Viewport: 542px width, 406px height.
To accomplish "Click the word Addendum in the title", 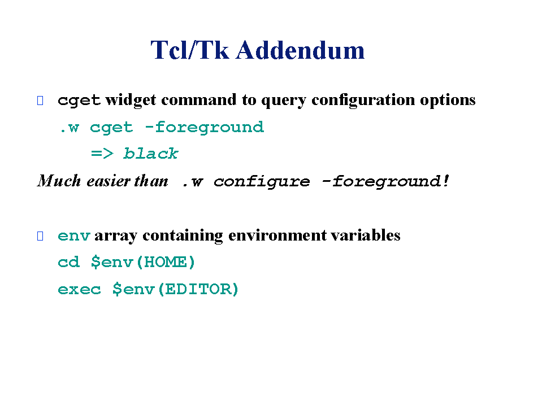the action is point(300,50).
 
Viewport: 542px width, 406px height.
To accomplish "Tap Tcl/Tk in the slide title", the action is point(190,50).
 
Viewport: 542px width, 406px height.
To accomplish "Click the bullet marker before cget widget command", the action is point(40,101).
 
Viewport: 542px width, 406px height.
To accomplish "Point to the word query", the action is point(284,101).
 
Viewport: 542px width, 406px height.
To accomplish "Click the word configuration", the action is point(363,100).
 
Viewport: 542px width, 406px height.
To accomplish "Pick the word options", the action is point(448,100).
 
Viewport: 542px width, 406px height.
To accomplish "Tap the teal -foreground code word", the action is point(204,128).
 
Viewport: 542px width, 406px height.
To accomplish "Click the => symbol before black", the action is point(102,153).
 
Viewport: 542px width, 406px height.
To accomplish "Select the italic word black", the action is point(151,153).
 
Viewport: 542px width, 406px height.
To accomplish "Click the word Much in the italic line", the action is point(59,181).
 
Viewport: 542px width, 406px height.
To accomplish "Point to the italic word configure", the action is point(262,182).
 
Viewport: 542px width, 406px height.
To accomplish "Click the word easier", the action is point(109,181).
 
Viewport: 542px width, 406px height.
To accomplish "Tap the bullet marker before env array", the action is point(40,236).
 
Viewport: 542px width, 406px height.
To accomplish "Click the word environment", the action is point(277,235).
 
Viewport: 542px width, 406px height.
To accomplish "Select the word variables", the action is point(366,235).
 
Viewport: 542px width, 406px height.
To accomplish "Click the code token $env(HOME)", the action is point(143,263).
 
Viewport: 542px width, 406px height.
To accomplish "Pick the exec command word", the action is point(79,289).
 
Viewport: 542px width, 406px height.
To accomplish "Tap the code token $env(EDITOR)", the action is point(176,289).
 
